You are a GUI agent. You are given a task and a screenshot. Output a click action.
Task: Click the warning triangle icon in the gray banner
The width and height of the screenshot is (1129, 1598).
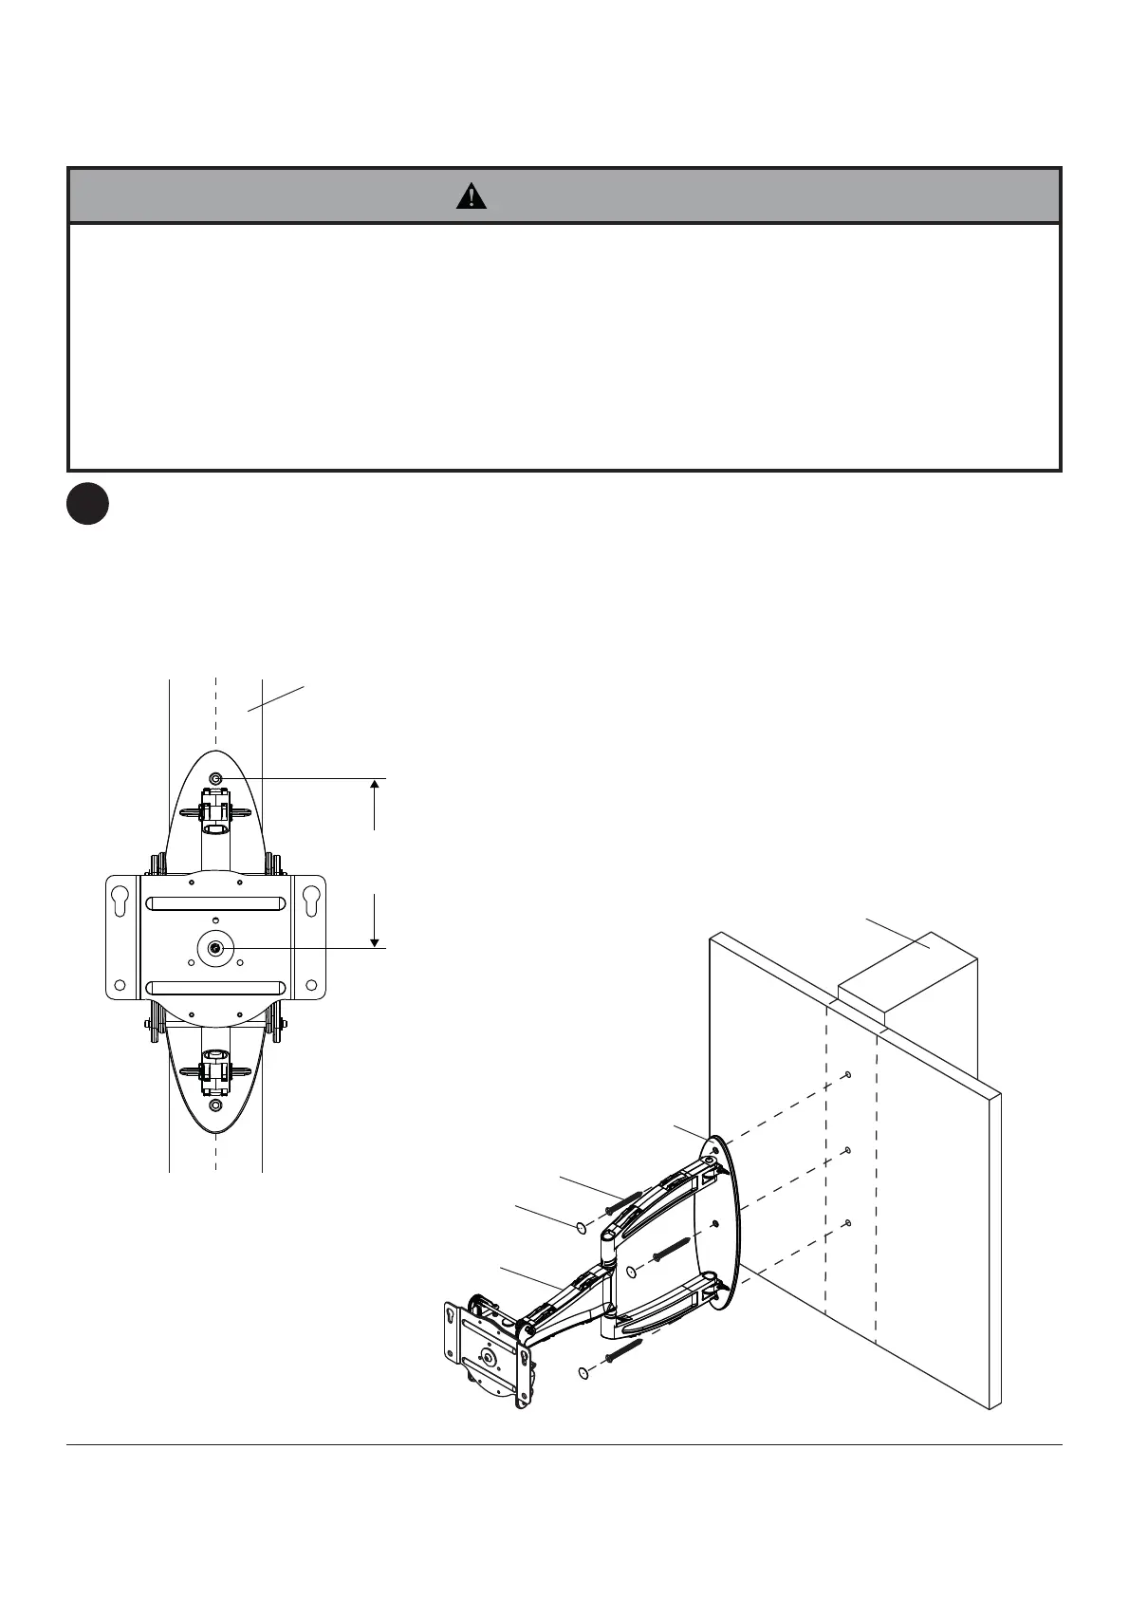471,195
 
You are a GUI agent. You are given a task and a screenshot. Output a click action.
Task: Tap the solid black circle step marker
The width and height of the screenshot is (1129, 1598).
87,506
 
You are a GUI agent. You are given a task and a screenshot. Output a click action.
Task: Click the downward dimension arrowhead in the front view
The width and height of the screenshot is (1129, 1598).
376,940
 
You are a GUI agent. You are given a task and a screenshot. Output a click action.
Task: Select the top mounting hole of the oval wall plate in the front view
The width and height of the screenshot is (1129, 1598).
216,778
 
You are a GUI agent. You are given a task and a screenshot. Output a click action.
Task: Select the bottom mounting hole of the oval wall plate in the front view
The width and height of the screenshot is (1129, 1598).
216,1106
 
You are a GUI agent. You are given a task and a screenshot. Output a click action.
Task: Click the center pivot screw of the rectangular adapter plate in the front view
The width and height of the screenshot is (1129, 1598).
216,948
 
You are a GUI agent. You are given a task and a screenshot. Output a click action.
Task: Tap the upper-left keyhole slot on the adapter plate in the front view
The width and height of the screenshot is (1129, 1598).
120,901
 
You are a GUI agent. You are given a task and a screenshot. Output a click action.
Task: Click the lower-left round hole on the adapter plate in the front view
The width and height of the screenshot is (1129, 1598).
120,985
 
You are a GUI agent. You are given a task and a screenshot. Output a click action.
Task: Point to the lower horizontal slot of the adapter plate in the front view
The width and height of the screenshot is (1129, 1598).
216,988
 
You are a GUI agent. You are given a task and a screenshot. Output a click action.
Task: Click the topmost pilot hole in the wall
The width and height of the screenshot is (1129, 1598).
847,1075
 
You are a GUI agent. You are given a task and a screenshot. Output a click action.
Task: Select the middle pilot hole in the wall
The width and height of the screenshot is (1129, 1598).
847,1150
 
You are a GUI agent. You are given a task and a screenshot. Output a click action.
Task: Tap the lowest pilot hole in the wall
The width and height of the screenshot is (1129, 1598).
847,1223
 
